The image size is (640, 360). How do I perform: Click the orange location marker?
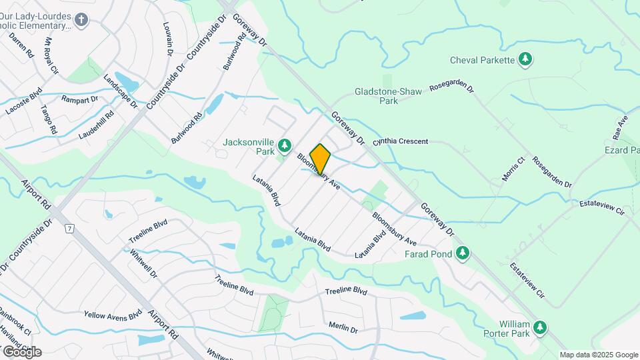pyautogui.click(x=320, y=159)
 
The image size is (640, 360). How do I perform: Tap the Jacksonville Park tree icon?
pyautogui.click(x=285, y=145)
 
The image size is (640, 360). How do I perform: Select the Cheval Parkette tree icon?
pyautogui.click(x=526, y=60)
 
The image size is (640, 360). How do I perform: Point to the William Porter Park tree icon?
pyautogui.click(x=540, y=327)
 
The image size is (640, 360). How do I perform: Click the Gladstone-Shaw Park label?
pyautogui.click(x=389, y=96)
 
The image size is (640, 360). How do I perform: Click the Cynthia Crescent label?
pyautogui.click(x=400, y=142)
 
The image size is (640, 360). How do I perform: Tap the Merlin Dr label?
pyautogui.click(x=343, y=327)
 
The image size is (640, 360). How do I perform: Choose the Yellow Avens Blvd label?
pyautogui.click(x=113, y=314)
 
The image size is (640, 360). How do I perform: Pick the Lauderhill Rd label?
pyautogui.click(x=96, y=125)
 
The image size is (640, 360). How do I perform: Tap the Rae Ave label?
pyautogui.click(x=621, y=126)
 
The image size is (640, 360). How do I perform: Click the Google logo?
pyautogui.click(x=22, y=351)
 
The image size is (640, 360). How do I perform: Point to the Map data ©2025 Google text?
pyautogui.click(x=599, y=355)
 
